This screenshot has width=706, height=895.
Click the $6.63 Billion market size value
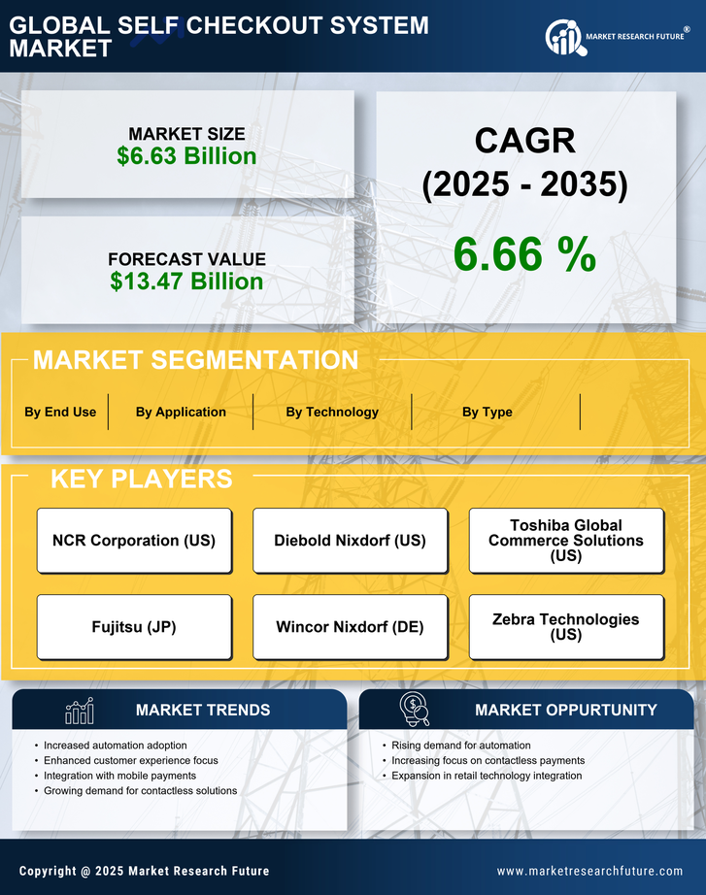click(x=186, y=156)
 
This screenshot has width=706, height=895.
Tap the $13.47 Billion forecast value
click(x=186, y=282)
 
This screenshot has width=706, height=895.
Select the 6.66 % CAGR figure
click(x=524, y=254)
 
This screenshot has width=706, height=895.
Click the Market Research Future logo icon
click(x=563, y=37)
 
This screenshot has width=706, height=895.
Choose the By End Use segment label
click(x=60, y=412)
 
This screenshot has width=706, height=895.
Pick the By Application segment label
click(x=181, y=412)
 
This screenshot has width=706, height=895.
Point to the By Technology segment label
click(x=332, y=412)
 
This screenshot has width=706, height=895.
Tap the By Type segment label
click(x=487, y=412)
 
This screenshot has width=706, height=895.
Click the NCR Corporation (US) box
click(x=134, y=541)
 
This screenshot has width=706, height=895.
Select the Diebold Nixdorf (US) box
click(x=350, y=541)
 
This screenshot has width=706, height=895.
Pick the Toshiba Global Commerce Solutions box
click(x=566, y=541)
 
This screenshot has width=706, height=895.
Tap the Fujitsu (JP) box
click(x=134, y=627)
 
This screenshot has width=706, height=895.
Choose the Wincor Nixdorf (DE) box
click(x=350, y=627)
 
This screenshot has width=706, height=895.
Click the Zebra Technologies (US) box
click(x=566, y=627)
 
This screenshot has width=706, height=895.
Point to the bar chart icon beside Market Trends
click(x=80, y=711)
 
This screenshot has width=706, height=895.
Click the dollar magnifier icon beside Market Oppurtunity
click(x=414, y=709)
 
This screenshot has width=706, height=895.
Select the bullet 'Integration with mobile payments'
click(x=119, y=776)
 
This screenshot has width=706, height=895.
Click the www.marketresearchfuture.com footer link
click(x=589, y=871)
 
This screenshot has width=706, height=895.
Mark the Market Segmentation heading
click(x=195, y=360)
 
